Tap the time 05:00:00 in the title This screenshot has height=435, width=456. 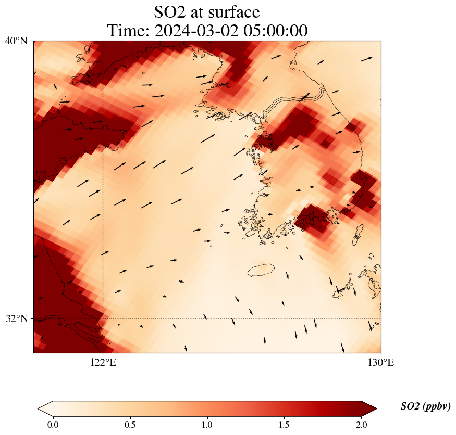(x=273, y=31)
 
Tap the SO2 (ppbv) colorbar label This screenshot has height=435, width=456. (x=425, y=406)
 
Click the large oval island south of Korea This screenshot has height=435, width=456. (x=261, y=270)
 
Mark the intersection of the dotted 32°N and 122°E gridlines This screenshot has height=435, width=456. (x=103, y=318)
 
